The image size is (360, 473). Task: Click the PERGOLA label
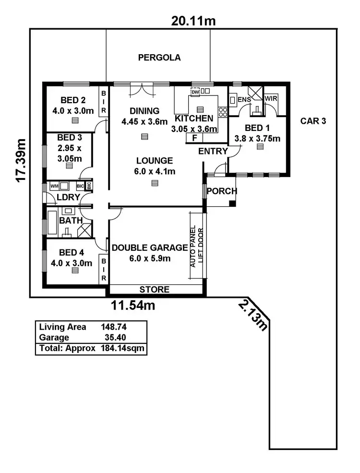pos(159,58)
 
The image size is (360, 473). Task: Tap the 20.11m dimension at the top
pos(193,21)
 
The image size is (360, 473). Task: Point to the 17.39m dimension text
pos(21,161)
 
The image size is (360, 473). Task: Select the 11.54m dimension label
pos(133,306)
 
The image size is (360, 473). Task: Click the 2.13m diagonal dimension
pos(253,315)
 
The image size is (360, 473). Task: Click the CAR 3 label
pos(313,121)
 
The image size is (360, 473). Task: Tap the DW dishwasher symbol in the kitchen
pos(195,92)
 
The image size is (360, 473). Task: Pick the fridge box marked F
pos(194,138)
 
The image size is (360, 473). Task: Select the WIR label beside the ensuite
pos(271,98)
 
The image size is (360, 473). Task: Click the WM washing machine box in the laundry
pos(54,186)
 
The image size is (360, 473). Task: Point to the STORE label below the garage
pos(154,290)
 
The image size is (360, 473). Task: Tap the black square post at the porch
pos(232,203)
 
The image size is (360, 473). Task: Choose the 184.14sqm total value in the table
pos(122,348)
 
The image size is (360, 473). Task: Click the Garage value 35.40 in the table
pos(115,338)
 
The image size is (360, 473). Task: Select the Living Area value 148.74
pos(114,327)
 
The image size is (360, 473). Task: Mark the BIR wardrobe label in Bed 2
pos(104,102)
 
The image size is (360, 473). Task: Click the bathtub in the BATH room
pos(52,223)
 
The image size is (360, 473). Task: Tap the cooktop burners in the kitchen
pos(223,112)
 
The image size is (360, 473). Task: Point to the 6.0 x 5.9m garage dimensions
pos(150,259)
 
